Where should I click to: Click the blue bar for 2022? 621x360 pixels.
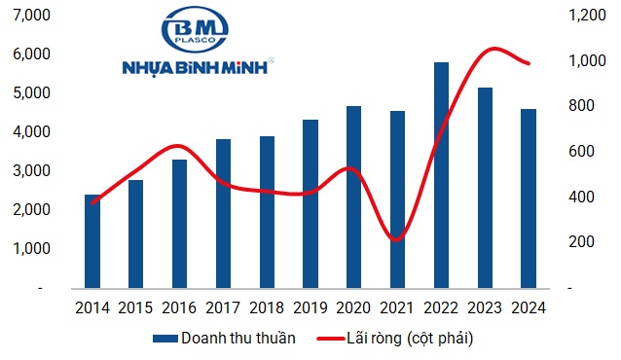[442, 175]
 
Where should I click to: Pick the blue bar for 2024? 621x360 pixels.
[529, 198]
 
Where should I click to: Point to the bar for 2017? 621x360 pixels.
[224, 213]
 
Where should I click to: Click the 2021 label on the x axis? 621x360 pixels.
[398, 307]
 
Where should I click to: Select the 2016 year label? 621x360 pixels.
[180, 307]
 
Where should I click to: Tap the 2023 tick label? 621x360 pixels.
[485, 307]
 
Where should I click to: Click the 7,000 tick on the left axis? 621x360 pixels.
[34, 16]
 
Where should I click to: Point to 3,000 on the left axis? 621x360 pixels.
[34, 171]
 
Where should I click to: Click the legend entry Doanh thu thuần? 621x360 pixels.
[237, 338]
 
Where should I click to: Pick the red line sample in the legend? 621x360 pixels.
[331, 339]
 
